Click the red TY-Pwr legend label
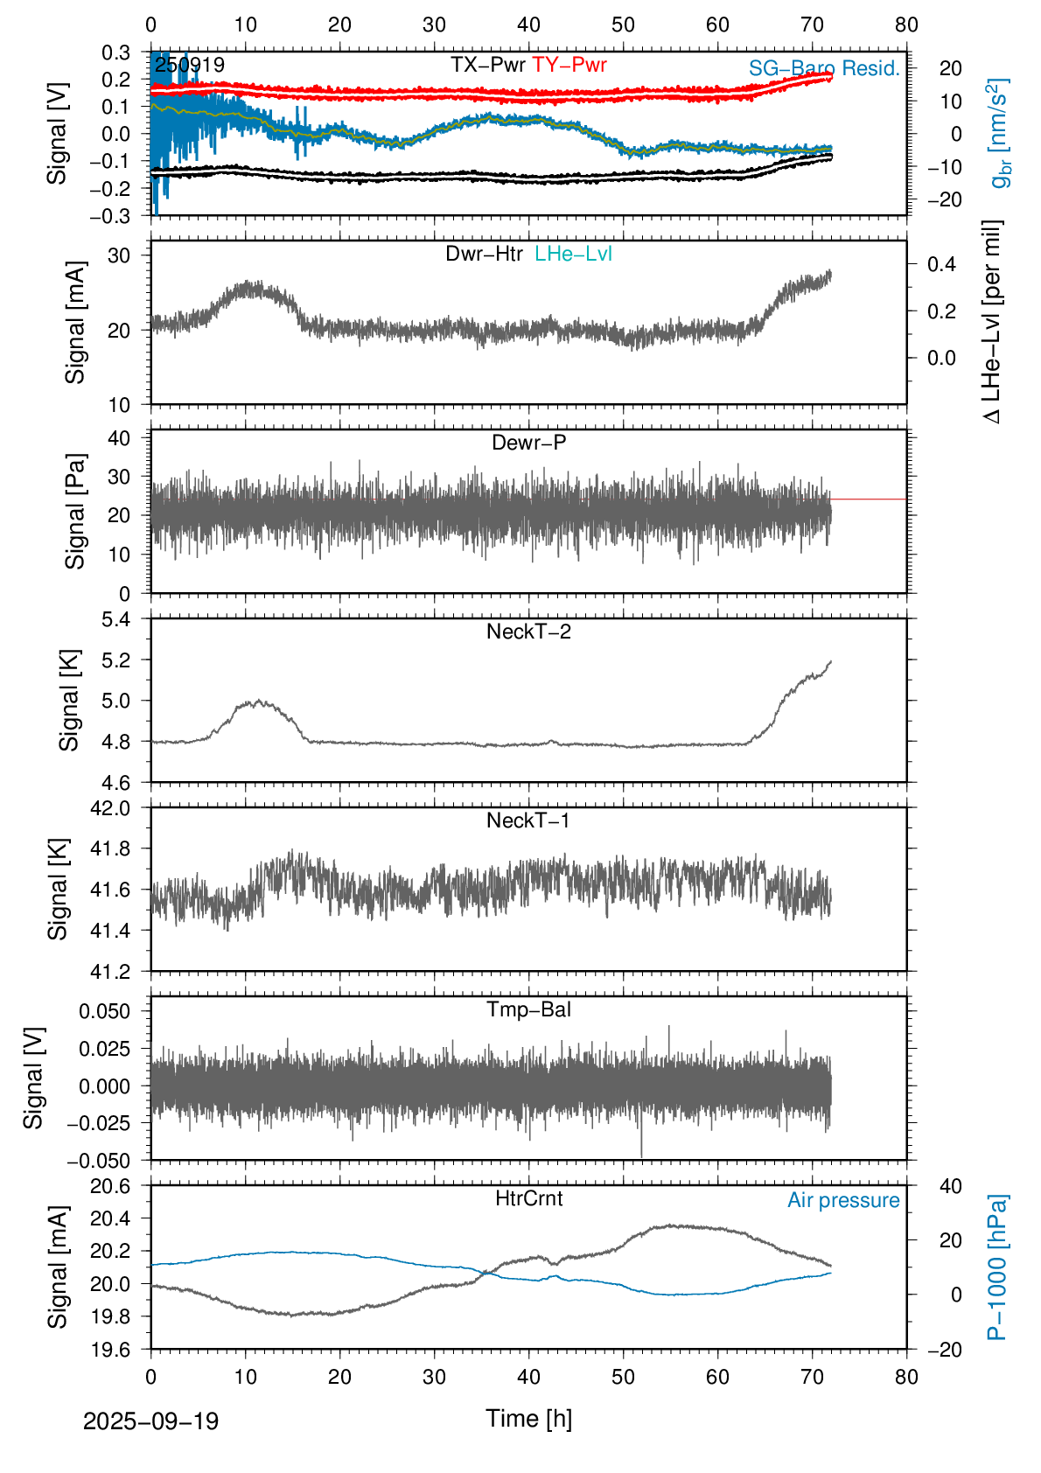pos(569,65)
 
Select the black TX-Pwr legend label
pos(488,65)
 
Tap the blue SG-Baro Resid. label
pos(824,68)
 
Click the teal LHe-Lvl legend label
pos(573,254)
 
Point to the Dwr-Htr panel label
pos(484,254)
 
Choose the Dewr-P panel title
pos(528,443)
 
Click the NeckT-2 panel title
pos(528,632)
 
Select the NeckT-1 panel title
pos(528,820)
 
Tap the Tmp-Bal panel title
pos(528,1009)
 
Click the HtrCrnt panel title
pos(528,1198)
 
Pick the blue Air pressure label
pos(843,1200)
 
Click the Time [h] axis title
pos(528,1418)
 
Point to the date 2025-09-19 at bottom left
pos(150,1421)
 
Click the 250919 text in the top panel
pos(190,66)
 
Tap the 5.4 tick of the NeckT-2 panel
pos(116,619)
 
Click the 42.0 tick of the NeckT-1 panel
pos(111,808)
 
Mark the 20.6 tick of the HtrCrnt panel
pos(111,1186)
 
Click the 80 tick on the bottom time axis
pos(906,1377)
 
